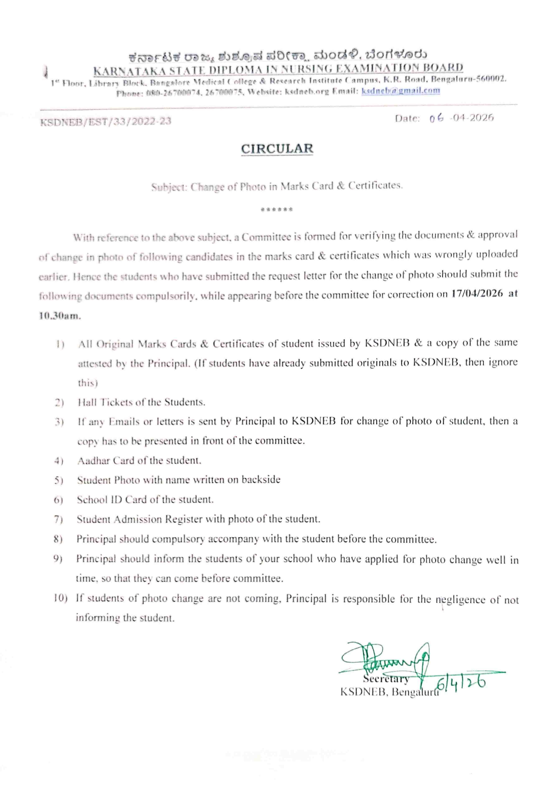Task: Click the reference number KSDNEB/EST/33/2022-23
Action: (106, 121)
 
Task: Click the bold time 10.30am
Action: (60, 316)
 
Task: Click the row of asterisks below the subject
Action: (277, 210)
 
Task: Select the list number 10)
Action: (60, 598)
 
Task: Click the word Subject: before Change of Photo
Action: (169, 187)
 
